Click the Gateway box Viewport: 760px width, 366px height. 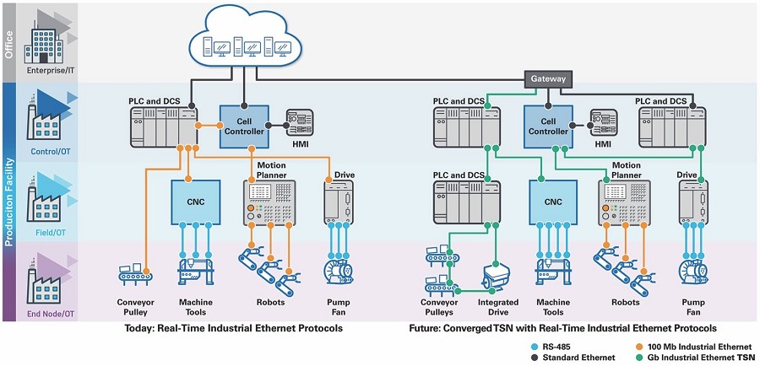click(x=548, y=78)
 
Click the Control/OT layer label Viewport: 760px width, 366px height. click(x=51, y=152)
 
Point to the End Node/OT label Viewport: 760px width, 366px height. click(x=46, y=315)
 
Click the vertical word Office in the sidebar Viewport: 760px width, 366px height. click(x=8, y=45)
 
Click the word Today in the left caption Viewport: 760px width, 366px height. click(x=138, y=328)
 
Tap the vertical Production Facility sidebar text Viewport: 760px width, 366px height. click(x=8, y=202)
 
